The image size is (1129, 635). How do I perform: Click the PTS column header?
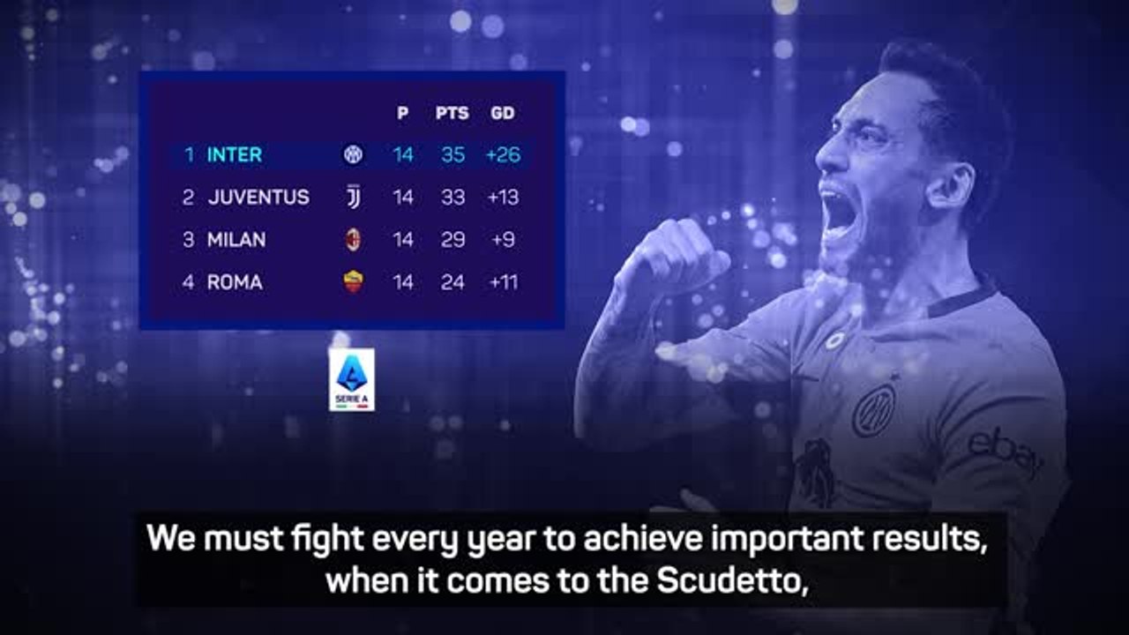point(452,113)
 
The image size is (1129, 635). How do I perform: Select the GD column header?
point(503,113)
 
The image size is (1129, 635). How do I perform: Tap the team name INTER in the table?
point(235,154)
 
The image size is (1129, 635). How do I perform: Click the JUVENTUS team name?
point(258,197)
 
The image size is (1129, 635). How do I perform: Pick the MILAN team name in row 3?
point(236,239)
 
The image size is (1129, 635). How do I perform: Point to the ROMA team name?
point(235,282)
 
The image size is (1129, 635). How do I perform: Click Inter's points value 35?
point(452,154)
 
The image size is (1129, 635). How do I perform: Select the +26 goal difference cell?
point(503,154)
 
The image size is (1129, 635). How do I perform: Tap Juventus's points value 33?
point(452,197)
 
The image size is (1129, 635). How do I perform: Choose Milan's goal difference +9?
point(503,239)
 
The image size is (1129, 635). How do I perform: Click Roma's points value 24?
point(452,282)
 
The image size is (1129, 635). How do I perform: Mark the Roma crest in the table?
point(354,281)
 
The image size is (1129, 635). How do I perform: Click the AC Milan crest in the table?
point(353,239)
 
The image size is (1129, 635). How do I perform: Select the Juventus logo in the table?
point(353,197)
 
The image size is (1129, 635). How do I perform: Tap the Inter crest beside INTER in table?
point(353,154)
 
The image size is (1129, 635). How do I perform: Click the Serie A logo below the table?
point(352,379)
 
